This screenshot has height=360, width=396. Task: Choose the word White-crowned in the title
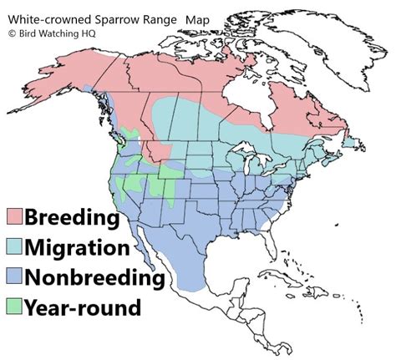click(x=46, y=18)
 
